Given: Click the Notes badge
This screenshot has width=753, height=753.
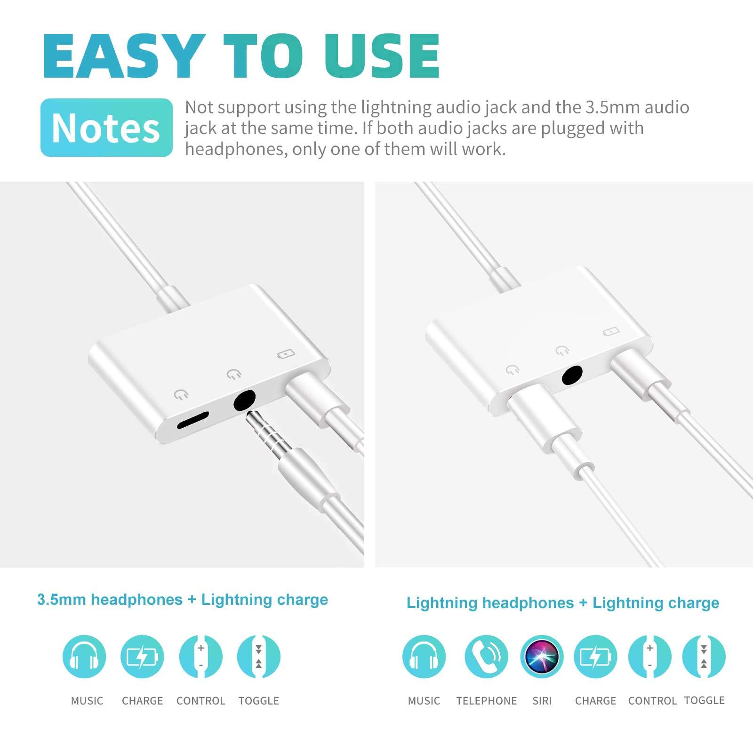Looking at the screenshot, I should point(106,128).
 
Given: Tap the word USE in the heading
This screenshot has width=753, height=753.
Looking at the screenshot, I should point(382,56).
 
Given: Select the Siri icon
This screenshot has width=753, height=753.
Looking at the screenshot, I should point(542,656).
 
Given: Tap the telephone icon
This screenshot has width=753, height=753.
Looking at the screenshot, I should point(486,656).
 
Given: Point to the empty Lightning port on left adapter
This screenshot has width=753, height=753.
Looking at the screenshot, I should point(193,420).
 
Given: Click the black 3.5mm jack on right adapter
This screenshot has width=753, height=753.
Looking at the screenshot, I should point(572,375).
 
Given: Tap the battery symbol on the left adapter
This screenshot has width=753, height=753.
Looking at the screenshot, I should point(286,353).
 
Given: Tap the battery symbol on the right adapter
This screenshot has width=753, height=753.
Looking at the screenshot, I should point(611,332).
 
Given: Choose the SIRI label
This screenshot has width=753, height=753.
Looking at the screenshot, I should point(542,701).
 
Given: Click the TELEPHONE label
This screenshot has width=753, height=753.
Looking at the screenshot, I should point(486,701).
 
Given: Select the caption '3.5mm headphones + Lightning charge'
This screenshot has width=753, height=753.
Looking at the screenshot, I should point(183,600).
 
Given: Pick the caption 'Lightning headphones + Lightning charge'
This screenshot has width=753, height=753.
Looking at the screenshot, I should point(563,603).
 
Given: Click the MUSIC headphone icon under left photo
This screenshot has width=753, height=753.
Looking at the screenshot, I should point(84,656).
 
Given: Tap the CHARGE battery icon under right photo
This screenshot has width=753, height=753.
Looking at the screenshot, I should point(595,656).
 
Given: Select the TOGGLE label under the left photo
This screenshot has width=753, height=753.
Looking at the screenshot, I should point(258,701).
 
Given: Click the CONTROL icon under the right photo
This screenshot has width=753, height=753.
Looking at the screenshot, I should point(650,656).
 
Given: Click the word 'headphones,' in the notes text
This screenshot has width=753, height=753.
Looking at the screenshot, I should point(236,149).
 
